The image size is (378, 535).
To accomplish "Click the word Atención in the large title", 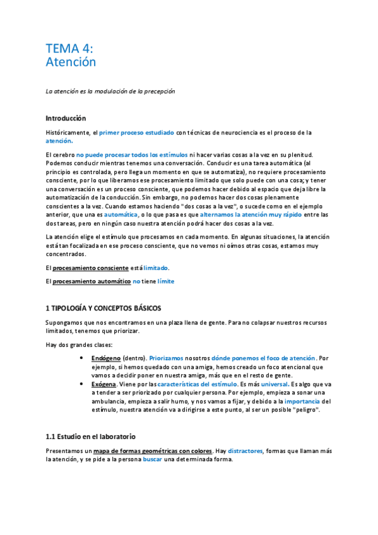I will click(x=71, y=62).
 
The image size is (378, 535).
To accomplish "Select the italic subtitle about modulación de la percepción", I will click(x=110, y=91).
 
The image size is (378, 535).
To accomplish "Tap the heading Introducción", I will click(x=66, y=119).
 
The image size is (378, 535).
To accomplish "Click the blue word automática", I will click(x=121, y=215).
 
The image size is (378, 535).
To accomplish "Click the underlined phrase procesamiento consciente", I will click(x=90, y=268).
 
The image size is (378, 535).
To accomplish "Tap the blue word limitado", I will click(x=156, y=268).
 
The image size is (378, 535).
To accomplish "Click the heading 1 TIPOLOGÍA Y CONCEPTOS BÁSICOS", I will click(x=103, y=309).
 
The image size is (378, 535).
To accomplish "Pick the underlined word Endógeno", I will click(x=106, y=358).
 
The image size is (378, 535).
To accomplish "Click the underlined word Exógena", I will click(x=104, y=383).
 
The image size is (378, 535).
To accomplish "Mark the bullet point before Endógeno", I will click(x=84, y=358).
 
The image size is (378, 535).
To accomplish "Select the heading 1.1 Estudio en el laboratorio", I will click(x=90, y=437).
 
